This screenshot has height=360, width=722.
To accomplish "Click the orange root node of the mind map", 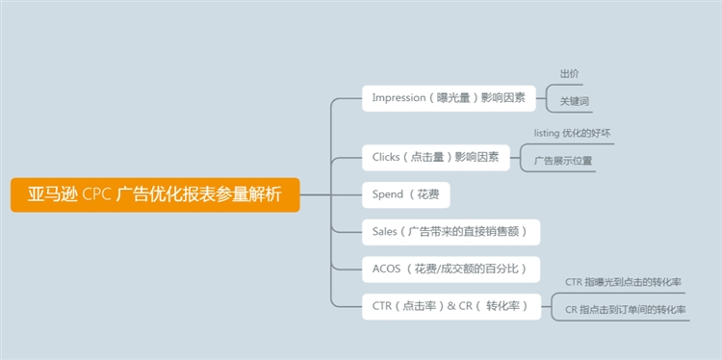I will tap(155, 193).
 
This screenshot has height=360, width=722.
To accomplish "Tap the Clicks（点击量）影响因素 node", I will tap(435, 156).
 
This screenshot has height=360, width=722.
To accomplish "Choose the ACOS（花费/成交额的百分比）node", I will tap(450, 269).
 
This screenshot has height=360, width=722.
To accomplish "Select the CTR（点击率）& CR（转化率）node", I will tap(451, 306).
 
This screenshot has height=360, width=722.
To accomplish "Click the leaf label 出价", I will tap(570, 74).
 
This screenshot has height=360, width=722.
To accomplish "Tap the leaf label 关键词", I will tap(575, 101).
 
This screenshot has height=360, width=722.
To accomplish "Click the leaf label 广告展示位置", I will tap(564, 161).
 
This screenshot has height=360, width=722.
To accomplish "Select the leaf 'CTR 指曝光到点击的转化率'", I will tap(624, 282).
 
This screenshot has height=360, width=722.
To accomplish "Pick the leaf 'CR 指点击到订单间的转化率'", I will tap(626, 310).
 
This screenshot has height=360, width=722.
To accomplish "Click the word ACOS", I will tap(386, 269).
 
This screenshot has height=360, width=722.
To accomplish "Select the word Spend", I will tap(388, 193).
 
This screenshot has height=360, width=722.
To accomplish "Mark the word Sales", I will tap(385, 231).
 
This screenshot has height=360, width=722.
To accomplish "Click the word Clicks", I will tap(386, 156).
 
